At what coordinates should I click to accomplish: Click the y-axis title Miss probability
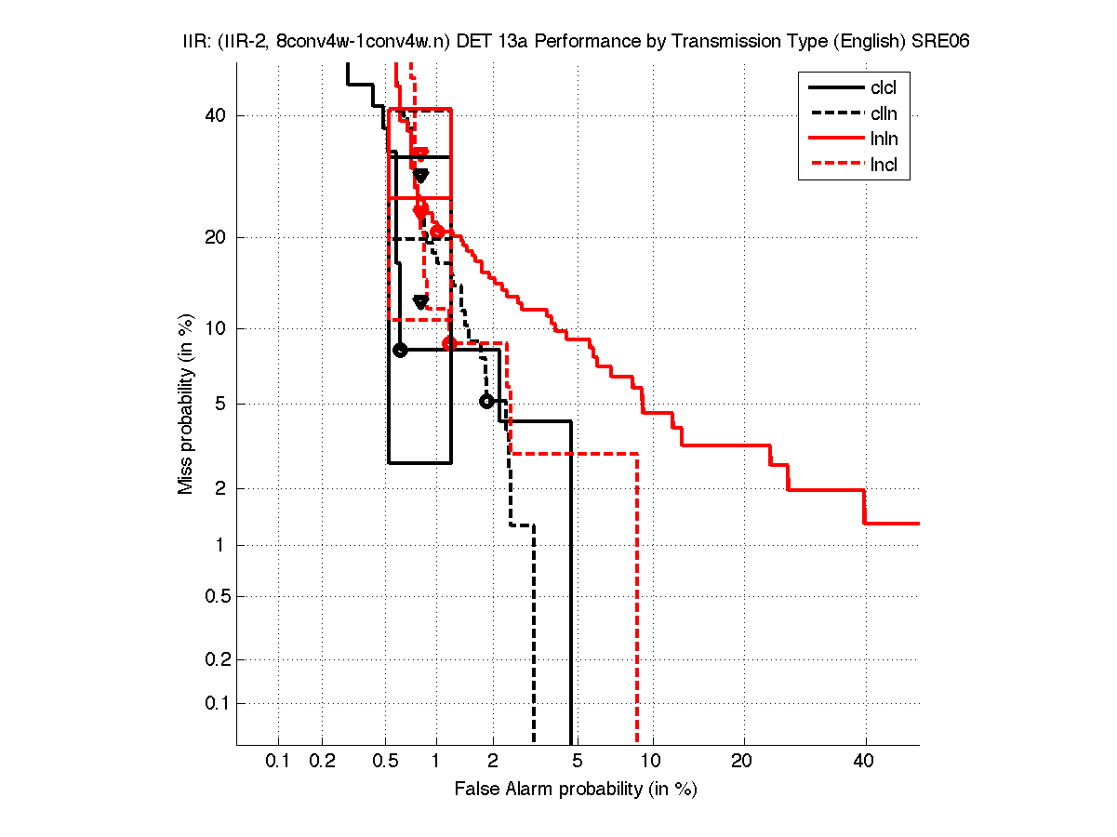(186, 403)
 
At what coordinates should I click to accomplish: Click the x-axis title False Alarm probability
(576, 790)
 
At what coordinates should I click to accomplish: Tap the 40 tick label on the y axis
(217, 115)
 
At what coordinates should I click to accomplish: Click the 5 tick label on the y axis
(221, 404)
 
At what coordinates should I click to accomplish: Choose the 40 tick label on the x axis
(865, 761)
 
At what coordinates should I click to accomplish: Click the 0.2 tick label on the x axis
(322, 761)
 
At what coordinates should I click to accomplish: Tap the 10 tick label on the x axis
(652, 761)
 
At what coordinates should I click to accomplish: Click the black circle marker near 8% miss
(400, 350)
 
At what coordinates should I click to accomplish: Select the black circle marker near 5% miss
(485, 402)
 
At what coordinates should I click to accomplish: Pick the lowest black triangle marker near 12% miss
(420, 301)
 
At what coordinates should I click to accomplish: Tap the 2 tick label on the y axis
(221, 489)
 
